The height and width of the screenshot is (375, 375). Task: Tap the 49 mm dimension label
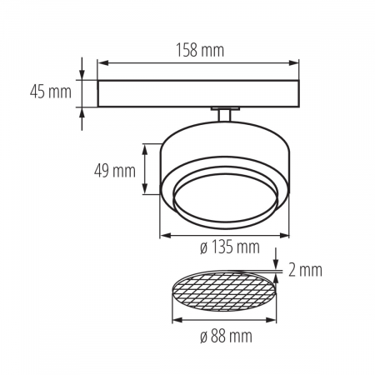(x=114, y=172)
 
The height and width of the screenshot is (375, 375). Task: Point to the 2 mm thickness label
(x=305, y=269)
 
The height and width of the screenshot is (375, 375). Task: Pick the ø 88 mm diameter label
(x=225, y=337)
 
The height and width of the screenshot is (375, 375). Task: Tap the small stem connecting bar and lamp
(x=224, y=114)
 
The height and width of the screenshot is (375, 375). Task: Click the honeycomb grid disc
(x=222, y=293)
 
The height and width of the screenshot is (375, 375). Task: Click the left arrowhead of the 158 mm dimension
(x=102, y=62)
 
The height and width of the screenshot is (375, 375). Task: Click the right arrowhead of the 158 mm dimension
(x=296, y=62)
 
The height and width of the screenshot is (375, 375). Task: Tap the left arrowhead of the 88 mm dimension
(x=174, y=321)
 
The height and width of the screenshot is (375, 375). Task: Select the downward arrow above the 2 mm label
(x=278, y=266)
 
